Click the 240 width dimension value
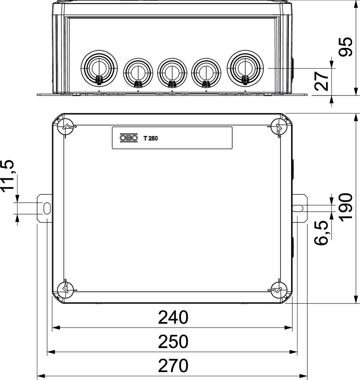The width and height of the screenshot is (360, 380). [173, 318]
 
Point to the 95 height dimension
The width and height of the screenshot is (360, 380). [346, 47]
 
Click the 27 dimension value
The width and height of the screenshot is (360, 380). [321, 81]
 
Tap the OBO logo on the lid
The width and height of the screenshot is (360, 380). [129, 138]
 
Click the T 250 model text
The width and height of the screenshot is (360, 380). [150, 138]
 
